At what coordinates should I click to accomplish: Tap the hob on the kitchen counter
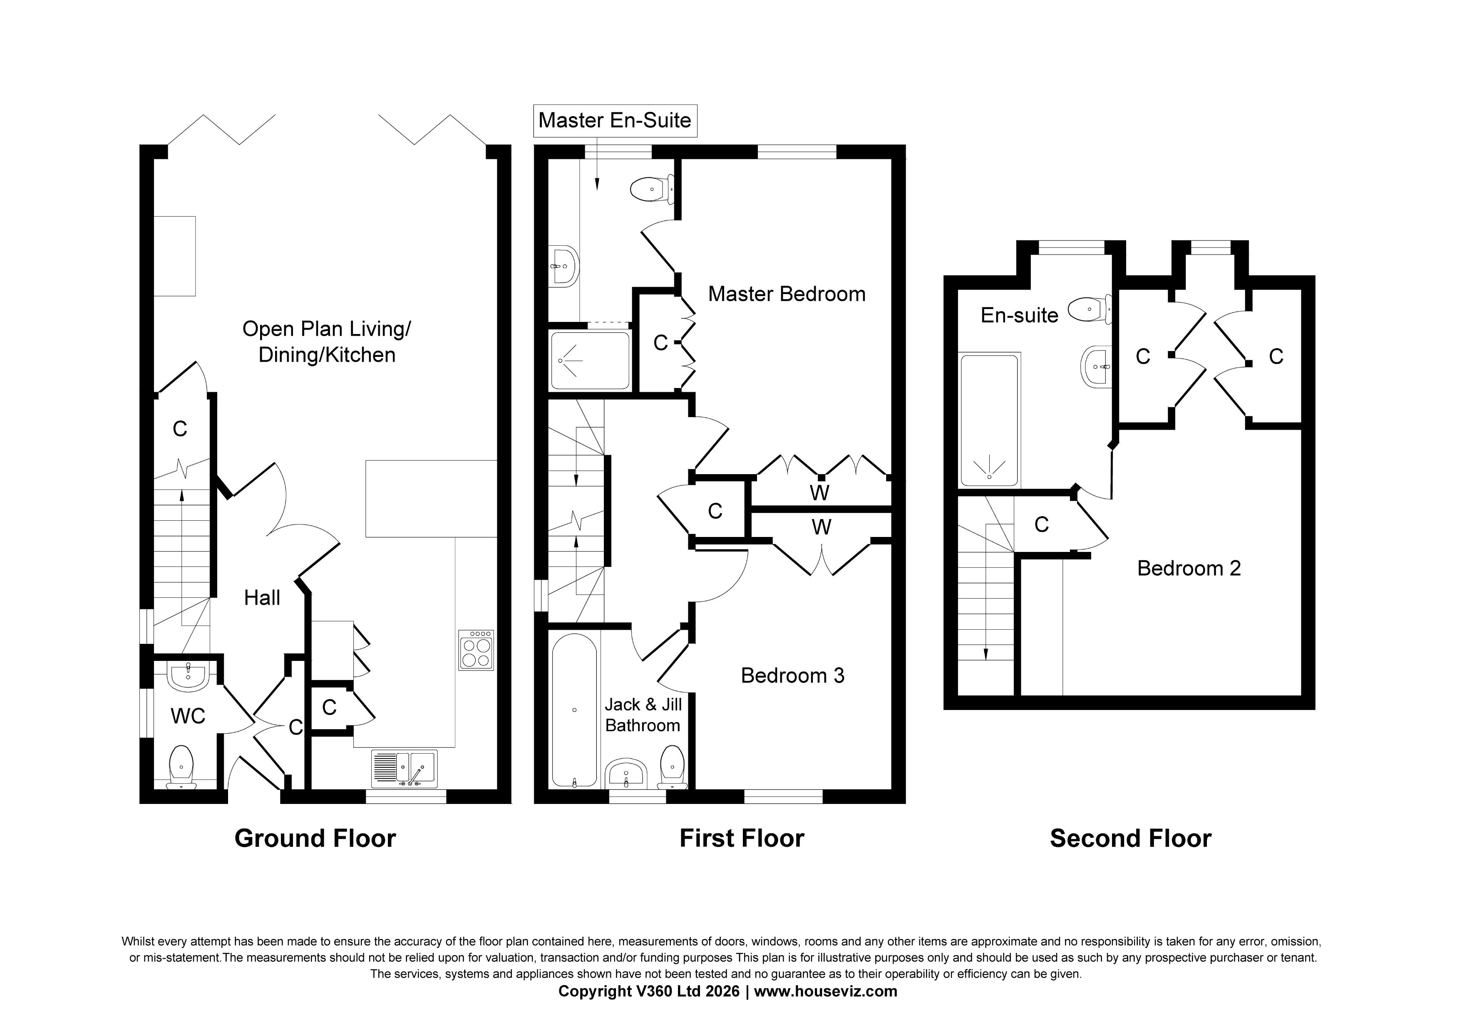(x=476, y=650)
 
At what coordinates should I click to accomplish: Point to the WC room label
(x=188, y=716)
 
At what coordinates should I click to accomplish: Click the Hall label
(x=262, y=598)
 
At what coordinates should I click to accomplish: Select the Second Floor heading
(x=1130, y=839)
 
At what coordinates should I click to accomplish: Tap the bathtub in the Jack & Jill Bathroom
(x=574, y=710)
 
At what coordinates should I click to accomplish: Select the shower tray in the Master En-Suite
(x=590, y=360)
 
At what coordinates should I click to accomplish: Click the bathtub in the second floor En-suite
(x=989, y=420)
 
